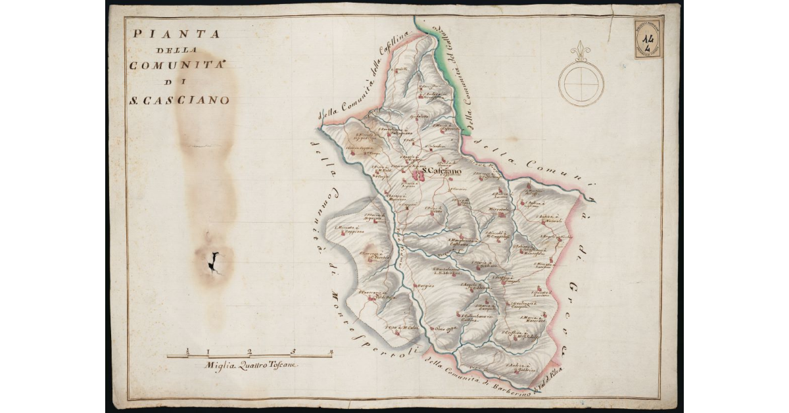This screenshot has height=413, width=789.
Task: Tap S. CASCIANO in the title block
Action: (179, 101)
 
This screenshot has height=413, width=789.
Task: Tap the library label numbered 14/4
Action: (648, 38)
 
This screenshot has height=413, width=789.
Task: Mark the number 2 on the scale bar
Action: (250, 351)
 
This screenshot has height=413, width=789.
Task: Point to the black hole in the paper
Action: (214, 262)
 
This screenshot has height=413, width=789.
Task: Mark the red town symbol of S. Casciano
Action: (418, 176)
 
